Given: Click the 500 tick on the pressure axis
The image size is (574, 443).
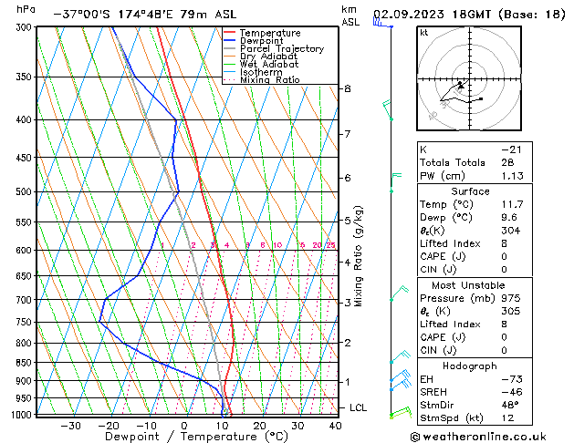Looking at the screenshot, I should point(23,192).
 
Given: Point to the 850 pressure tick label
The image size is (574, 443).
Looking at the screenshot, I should point(23,362).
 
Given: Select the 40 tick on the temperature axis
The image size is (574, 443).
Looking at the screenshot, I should point(335,425).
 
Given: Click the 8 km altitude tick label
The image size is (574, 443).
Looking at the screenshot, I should point(347,88).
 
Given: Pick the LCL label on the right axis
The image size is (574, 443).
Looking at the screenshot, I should point(358,407).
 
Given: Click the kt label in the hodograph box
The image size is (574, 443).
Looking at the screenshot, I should point(423,33).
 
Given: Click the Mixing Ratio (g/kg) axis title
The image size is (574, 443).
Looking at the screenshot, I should point(359,256).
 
